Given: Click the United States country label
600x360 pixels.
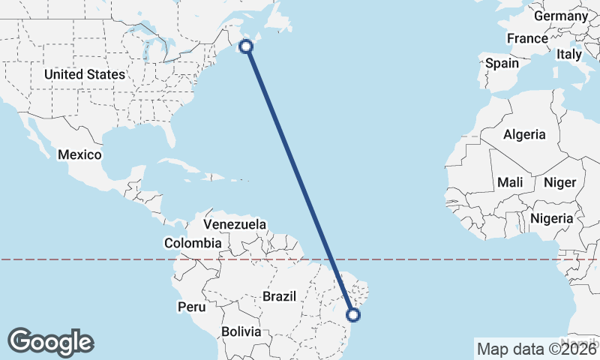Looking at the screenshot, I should (84, 74).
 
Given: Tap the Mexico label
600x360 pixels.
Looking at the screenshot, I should (79, 154).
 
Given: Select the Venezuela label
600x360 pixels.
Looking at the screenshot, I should (235, 224).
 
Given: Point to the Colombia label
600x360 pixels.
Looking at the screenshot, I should (193, 243).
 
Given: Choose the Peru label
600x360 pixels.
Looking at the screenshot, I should (191, 307).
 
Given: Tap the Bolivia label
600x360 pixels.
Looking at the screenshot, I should (241, 331).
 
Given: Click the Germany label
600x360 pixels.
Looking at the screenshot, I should (561, 16).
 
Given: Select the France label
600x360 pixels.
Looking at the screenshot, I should (527, 38).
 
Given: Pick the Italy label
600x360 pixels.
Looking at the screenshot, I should (568, 54).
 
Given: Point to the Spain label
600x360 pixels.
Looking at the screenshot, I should (502, 63).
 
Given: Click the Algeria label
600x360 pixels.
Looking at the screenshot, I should (524, 135).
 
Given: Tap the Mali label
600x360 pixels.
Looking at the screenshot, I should (510, 182).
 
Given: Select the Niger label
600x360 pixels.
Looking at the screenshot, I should (559, 182).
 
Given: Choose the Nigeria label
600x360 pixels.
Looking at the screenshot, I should (551, 218).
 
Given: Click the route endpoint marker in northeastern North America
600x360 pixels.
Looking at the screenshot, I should (245, 46).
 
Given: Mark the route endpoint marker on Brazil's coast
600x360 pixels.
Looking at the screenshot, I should (355, 316).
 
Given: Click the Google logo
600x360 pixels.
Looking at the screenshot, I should (50, 342).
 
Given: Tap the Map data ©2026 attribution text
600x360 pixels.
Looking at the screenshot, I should (536, 349).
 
